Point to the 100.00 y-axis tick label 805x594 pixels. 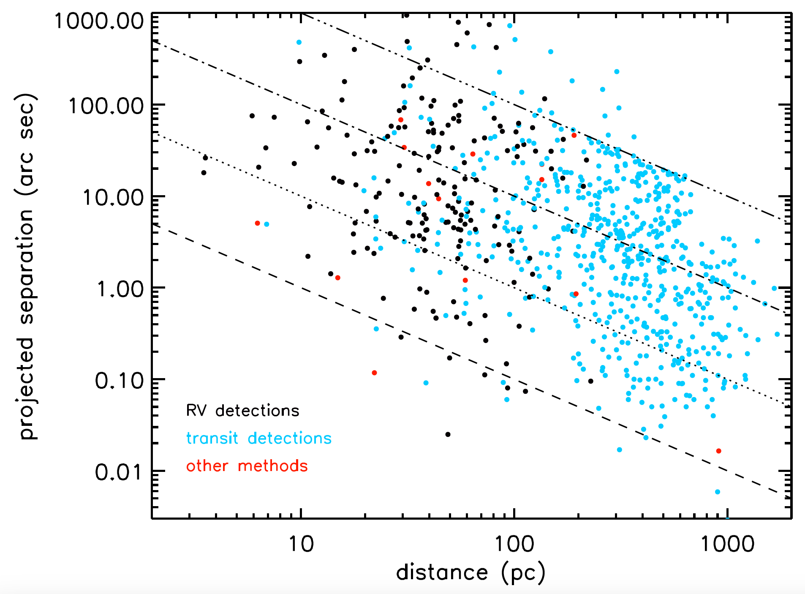(x=106, y=106)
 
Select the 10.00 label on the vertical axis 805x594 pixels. (x=113, y=197)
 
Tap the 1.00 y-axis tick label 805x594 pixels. (x=120, y=289)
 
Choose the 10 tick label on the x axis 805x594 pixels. (x=301, y=544)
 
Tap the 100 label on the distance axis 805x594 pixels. (x=514, y=544)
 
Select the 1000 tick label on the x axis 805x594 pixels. (x=727, y=544)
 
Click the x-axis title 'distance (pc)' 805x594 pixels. (x=470, y=573)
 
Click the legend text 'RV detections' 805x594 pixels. (x=242, y=411)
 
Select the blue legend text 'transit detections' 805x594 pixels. (x=258, y=438)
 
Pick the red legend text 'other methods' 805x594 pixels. (x=247, y=466)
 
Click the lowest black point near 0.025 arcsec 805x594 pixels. (x=448, y=434)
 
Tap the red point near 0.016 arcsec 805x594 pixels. (x=719, y=451)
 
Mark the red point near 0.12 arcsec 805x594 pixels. (x=374, y=373)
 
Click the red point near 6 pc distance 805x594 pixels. (x=258, y=223)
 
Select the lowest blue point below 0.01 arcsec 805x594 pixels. (x=718, y=492)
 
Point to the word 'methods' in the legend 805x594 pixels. (x=273, y=466)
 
